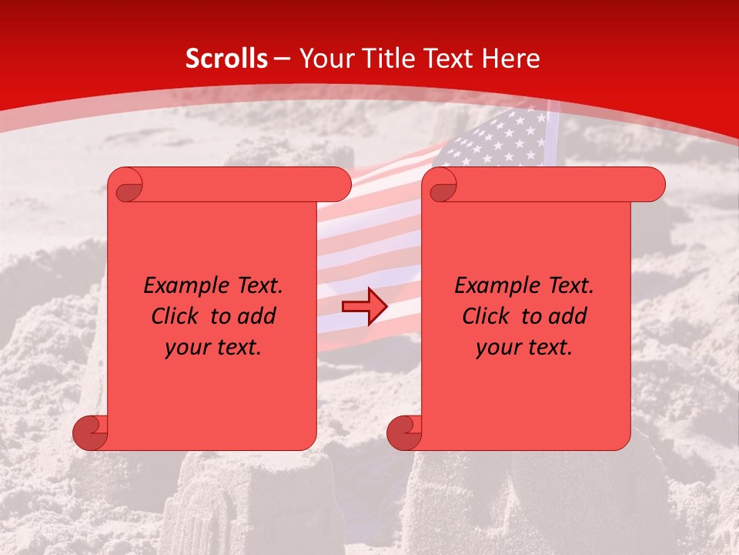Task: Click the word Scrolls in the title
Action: click(226, 59)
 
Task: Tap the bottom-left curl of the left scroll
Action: click(90, 432)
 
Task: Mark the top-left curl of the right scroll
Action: click(441, 186)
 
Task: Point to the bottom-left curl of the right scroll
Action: click(404, 432)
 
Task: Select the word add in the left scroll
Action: click(256, 316)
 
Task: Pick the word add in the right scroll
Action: click(567, 316)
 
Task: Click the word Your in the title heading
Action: click(324, 59)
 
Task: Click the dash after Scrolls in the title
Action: click(282, 59)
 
